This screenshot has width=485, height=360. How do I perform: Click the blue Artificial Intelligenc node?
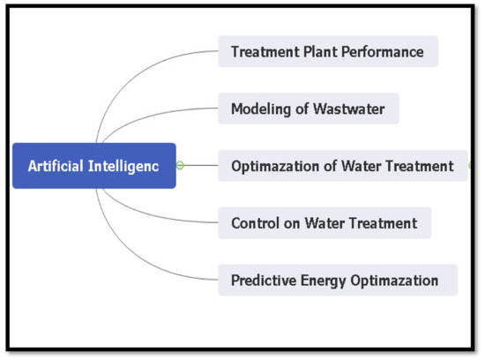click(x=93, y=165)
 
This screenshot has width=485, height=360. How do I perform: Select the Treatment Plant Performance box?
click(x=327, y=51)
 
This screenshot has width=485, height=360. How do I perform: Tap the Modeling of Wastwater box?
click(x=308, y=109)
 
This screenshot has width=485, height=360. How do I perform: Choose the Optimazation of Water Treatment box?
click(x=342, y=165)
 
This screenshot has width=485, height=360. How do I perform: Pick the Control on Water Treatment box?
click(x=324, y=222)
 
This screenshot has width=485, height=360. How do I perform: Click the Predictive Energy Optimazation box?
click(x=337, y=281)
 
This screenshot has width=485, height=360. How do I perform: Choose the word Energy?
click(x=326, y=281)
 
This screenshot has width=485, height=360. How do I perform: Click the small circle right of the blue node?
click(x=180, y=165)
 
